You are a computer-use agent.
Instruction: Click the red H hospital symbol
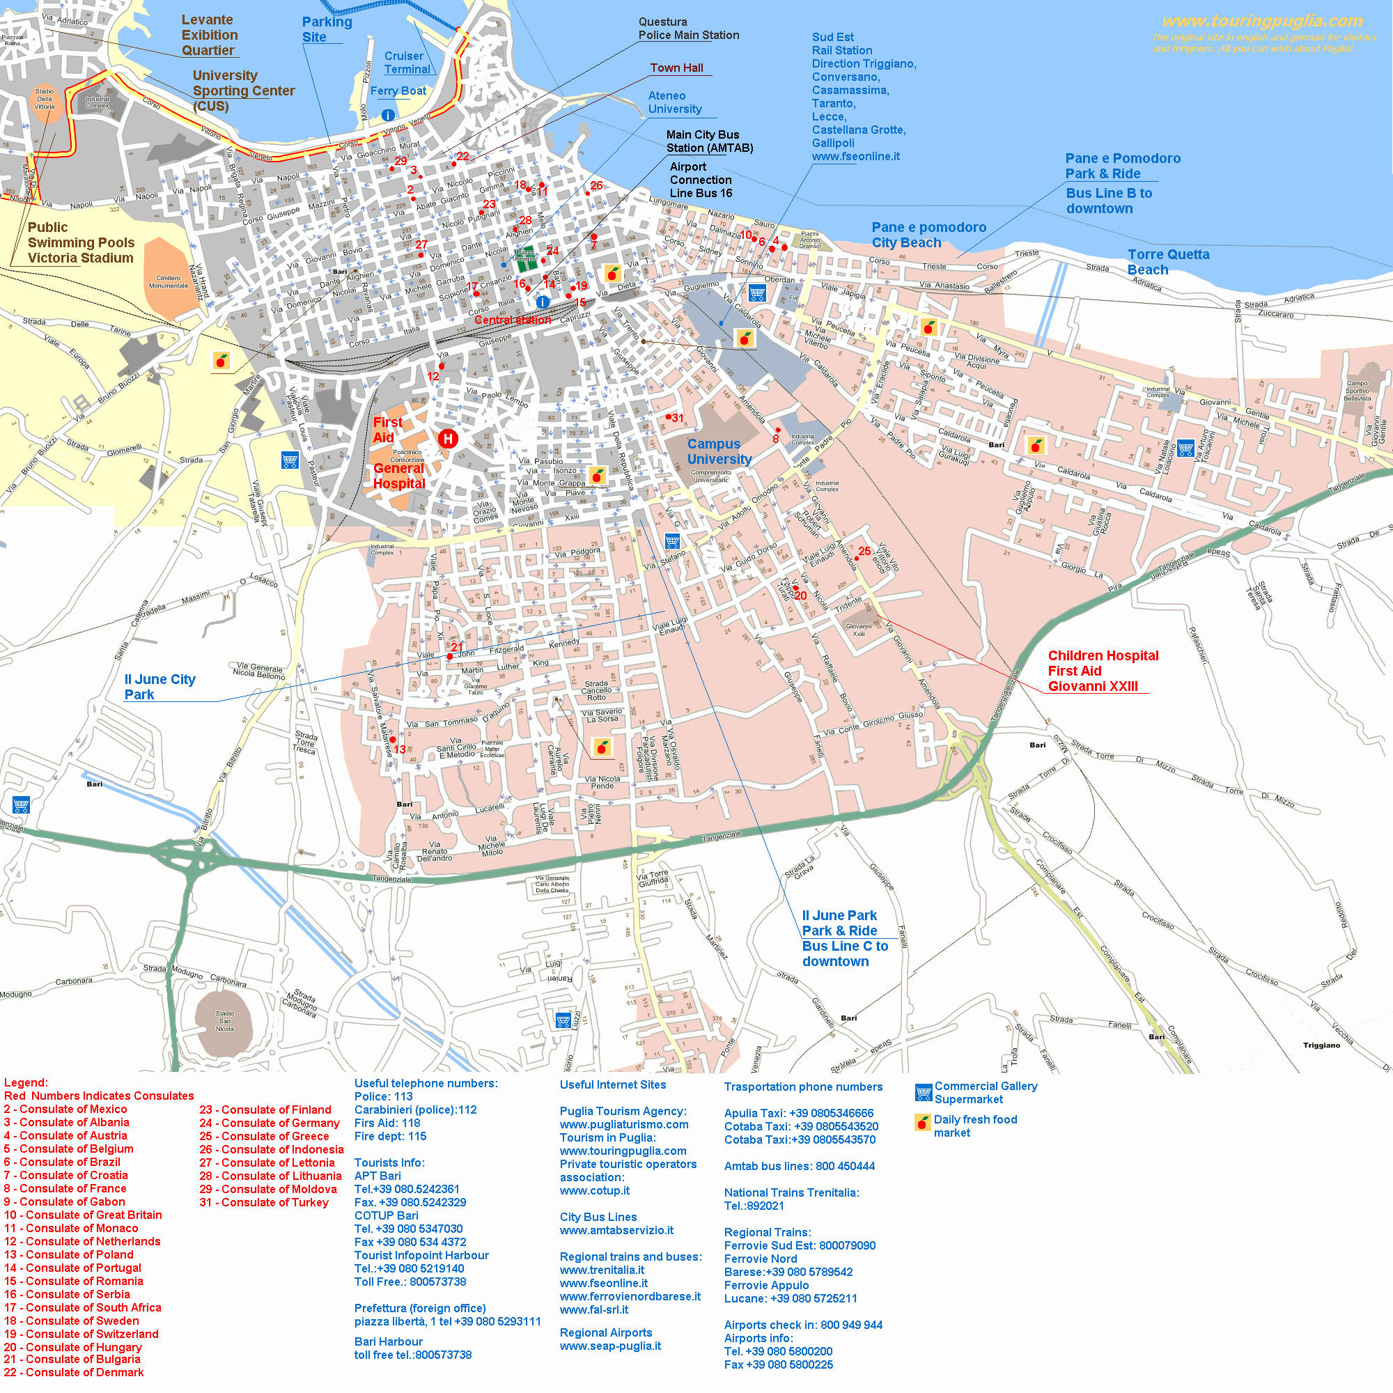coord(448,438)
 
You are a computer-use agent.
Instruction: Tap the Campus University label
coord(719,451)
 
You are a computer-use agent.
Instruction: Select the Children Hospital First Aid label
coord(1103,671)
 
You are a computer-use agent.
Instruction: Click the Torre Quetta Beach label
coord(1167,262)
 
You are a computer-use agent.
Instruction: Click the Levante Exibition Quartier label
coord(208,36)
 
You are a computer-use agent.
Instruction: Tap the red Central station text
coord(512,320)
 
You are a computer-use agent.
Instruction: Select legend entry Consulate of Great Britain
coord(83,1215)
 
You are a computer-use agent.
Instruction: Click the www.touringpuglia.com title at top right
coord(1262,22)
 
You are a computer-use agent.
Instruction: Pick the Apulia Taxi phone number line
coord(798,1113)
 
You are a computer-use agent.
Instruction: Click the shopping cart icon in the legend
coord(923,1092)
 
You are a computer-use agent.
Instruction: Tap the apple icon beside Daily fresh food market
coord(922,1123)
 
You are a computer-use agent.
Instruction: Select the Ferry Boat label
coord(398,91)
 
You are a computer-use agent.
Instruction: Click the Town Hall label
coord(676,68)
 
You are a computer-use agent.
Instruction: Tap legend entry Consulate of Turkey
coord(264,1202)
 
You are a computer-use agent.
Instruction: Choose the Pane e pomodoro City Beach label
coord(928,235)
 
